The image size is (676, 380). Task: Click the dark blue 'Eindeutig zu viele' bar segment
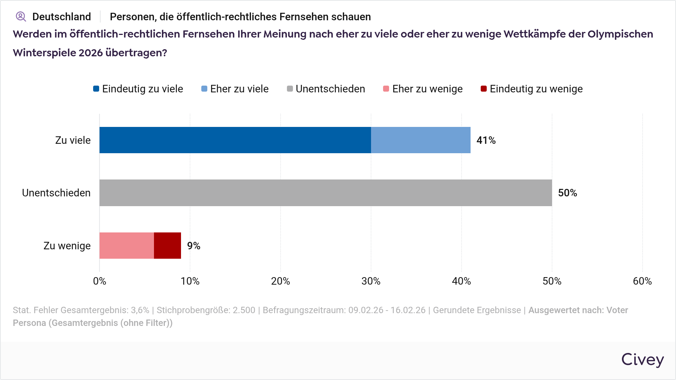(x=235, y=140)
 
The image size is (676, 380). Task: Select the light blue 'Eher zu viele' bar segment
(x=421, y=140)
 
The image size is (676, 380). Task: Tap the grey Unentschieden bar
(x=326, y=193)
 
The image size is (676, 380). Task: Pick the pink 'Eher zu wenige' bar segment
(x=127, y=246)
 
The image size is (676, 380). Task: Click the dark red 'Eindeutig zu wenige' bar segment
(x=167, y=246)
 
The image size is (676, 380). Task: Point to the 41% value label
(x=486, y=140)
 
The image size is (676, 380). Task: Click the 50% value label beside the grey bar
(x=567, y=193)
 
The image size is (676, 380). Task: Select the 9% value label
(x=194, y=246)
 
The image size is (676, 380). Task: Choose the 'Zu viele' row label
(x=73, y=140)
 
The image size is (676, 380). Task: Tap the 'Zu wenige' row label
(x=67, y=246)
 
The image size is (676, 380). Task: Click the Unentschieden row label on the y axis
(x=56, y=193)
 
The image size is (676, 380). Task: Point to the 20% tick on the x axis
(x=281, y=281)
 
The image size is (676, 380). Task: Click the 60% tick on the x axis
(x=642, y=281)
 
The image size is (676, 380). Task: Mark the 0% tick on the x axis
(x=100, y=281)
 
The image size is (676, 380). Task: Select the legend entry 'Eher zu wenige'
(x=423, y=89)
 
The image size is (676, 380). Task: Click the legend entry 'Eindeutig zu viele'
(x=138, y=89)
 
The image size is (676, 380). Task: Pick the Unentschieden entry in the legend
(x=326, y=89)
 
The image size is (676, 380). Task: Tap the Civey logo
(x=642, y=360)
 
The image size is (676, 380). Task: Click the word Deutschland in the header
(x=62, y=17)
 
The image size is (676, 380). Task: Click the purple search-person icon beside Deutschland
(x=21, y=17)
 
